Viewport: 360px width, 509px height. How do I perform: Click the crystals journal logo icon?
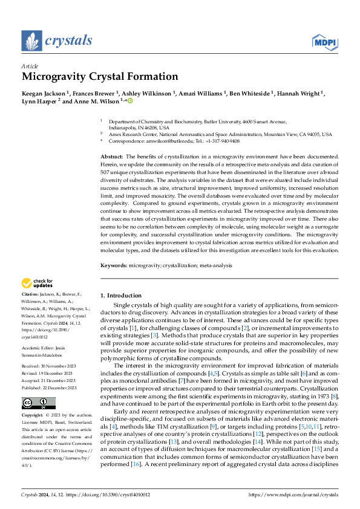pos(31,41)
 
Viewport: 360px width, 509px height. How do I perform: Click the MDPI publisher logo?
pos(324,41)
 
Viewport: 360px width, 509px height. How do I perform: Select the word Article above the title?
pos(29,65)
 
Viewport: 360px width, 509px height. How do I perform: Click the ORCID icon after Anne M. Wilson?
pos(129,102)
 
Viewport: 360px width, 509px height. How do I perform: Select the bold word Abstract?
pos(111,156)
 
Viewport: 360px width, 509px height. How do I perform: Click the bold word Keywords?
pos(113,265)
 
